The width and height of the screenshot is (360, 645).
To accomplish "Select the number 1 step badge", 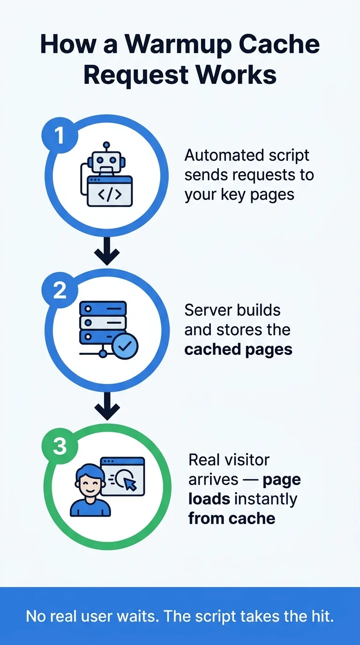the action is (60, 135).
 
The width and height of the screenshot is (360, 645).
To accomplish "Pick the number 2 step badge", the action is (60, 290).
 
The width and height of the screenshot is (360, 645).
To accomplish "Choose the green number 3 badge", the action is (60, 446).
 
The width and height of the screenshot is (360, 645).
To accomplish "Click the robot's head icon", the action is (106, 161).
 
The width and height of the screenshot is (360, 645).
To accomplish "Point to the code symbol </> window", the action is (110, 191).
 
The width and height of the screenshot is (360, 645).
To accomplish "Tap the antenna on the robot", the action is (106, 146).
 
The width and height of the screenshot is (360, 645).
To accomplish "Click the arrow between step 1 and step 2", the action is (107, 251).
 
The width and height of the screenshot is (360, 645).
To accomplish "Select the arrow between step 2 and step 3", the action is (107, 406).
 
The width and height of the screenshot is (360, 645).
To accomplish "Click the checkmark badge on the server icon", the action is (125, 346).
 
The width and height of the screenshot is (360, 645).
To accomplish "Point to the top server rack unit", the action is (103, 308).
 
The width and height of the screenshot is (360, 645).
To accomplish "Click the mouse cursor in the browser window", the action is (130, 484).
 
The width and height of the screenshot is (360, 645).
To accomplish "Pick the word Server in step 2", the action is (208, 310).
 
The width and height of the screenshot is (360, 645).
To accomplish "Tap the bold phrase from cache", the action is (232, 518).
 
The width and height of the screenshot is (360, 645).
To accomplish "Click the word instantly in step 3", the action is (265, 500).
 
